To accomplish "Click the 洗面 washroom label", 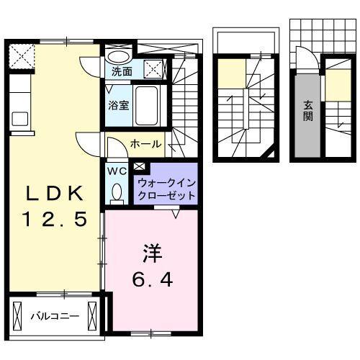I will [x=122, y=72].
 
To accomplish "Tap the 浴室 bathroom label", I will [x=119, y=105].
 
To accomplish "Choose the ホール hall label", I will [x=145, y=144].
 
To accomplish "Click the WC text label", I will [x=117, y=171].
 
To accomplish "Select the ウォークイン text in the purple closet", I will [x=165, y=183].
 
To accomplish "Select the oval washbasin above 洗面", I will [x=120, y=56].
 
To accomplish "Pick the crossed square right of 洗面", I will [x=153, y=70].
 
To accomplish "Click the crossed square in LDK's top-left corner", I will [x=22, y=55].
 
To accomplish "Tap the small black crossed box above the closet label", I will [x=139, y=168].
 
